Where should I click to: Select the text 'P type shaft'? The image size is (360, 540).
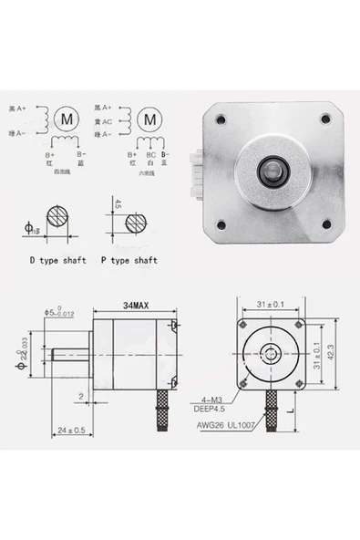128,260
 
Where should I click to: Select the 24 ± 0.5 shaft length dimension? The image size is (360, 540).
71,430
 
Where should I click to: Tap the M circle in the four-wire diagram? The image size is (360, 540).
67,118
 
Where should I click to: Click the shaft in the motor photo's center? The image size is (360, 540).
272,170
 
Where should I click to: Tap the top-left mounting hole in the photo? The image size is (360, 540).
220,118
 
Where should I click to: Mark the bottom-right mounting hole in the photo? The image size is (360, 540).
325,224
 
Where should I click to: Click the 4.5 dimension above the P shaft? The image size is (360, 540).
118,204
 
